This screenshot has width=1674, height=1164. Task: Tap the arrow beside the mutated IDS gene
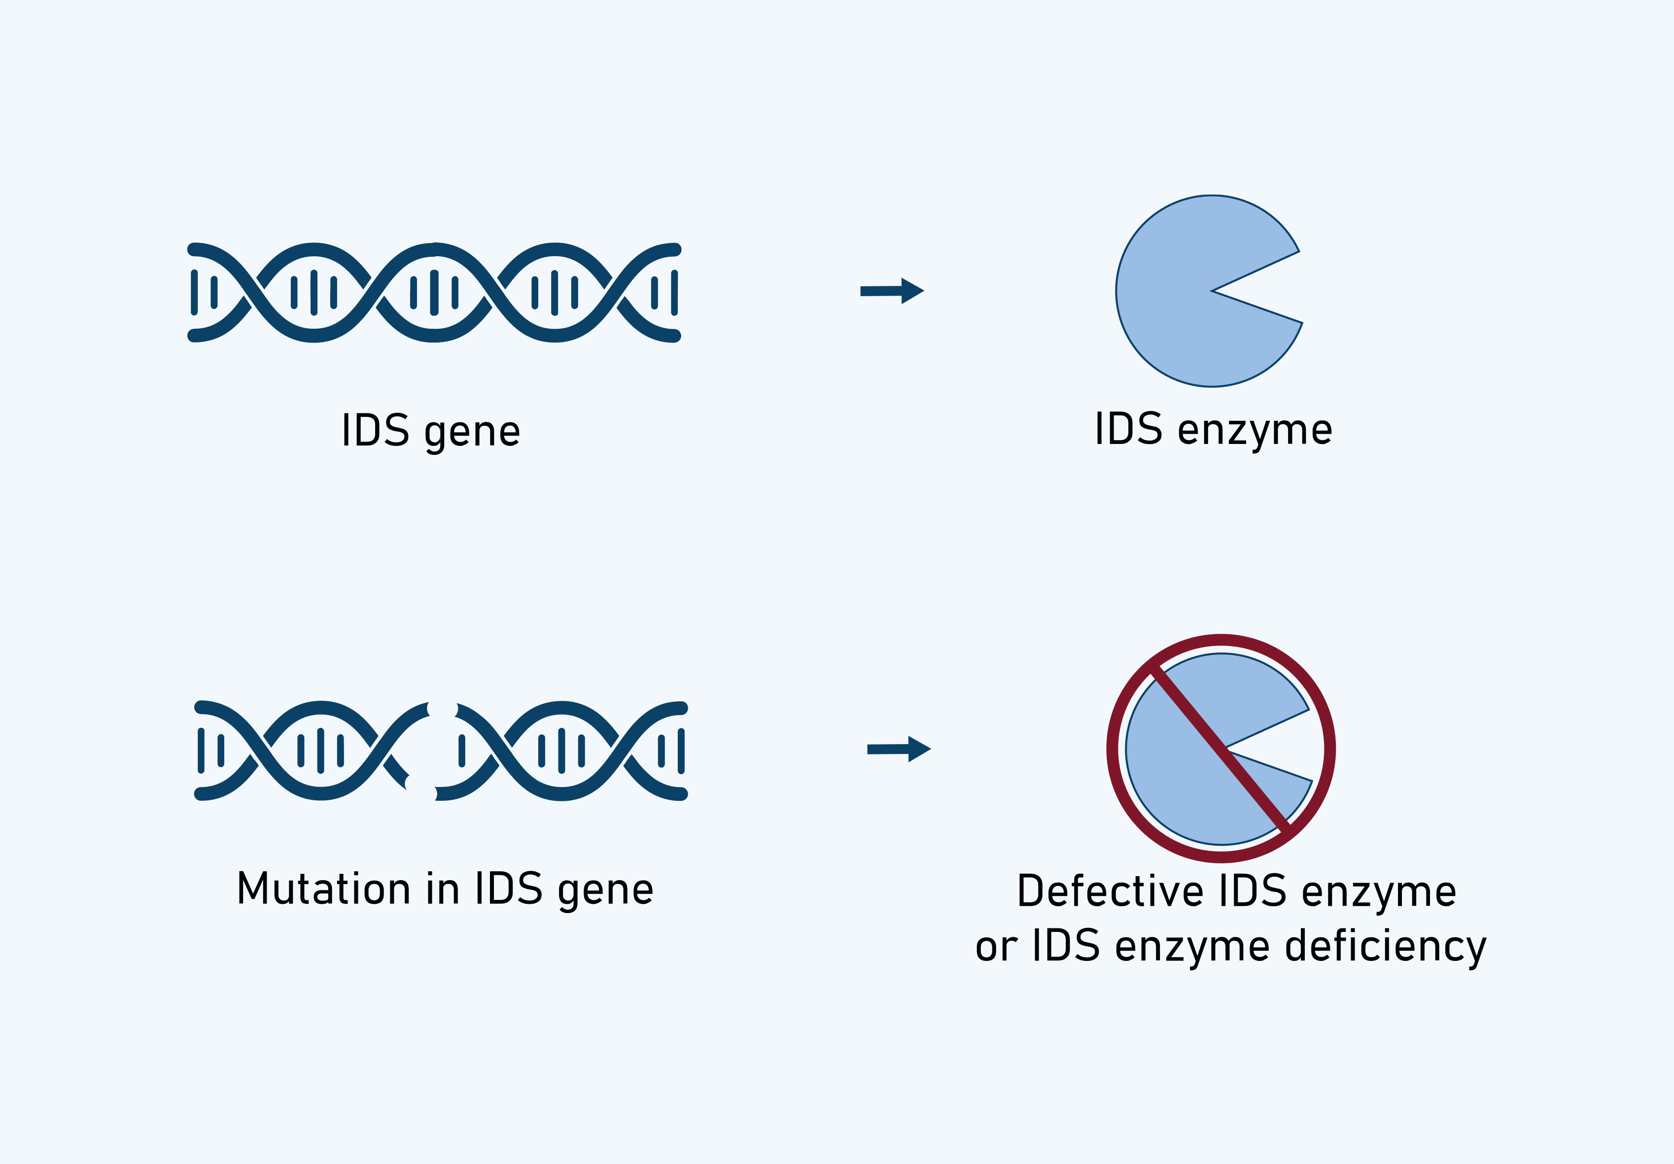898,749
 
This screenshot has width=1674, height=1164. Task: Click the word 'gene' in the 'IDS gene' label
472,432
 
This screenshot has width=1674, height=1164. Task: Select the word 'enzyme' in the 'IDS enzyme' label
1255,431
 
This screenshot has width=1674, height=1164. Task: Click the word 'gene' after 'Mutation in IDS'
605,890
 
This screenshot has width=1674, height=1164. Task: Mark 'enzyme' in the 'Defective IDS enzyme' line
1379,892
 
